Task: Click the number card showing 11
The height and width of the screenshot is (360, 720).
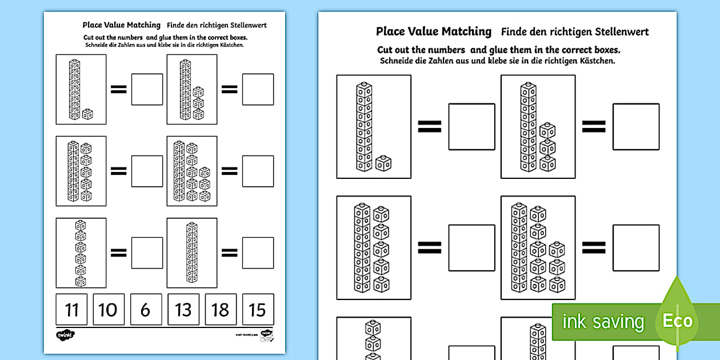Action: tap(71, 310)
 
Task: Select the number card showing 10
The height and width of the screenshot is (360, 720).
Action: tap(108, 310)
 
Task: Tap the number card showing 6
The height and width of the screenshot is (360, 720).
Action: tap(146, 310)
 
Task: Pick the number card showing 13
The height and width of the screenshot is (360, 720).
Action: tap(183, 310)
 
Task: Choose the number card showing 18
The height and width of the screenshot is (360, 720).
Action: tap(221, 310)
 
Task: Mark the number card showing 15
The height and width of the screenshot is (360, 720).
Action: tap(258, 310)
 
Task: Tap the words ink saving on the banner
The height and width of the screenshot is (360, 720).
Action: tap(603, 322)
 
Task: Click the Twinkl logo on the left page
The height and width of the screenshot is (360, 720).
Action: tap(65, 335)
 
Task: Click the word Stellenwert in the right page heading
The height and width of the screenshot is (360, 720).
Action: tap(621, 32)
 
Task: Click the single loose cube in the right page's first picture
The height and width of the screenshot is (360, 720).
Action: tap(382, 163)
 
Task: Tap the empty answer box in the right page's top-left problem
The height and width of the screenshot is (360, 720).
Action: tap(471, 126)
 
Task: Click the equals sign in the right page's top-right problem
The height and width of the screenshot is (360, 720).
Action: tap(594, 126)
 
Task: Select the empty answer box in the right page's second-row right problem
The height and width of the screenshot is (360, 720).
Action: tap(635, 247)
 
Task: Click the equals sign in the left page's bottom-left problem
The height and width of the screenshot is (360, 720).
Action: tap(118, 253)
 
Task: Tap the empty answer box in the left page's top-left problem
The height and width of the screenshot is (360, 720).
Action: tap(147, 89)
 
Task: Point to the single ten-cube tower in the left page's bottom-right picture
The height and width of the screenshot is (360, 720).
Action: tap(192, 253)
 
